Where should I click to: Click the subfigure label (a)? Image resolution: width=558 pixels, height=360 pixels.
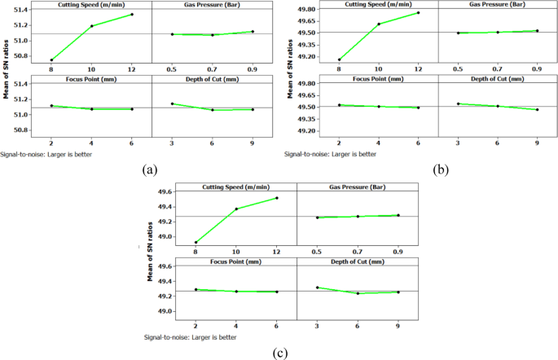click(149, 169)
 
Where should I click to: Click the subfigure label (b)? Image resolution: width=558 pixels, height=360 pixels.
click(439, 169)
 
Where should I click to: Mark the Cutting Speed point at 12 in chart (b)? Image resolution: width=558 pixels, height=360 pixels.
click(418, 13)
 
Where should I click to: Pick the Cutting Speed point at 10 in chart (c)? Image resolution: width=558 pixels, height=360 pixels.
click(236, 209)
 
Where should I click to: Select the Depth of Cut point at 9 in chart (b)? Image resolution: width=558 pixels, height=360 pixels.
click(537, 109)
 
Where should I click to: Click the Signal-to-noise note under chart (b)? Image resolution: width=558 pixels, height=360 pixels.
click(330, 153)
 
